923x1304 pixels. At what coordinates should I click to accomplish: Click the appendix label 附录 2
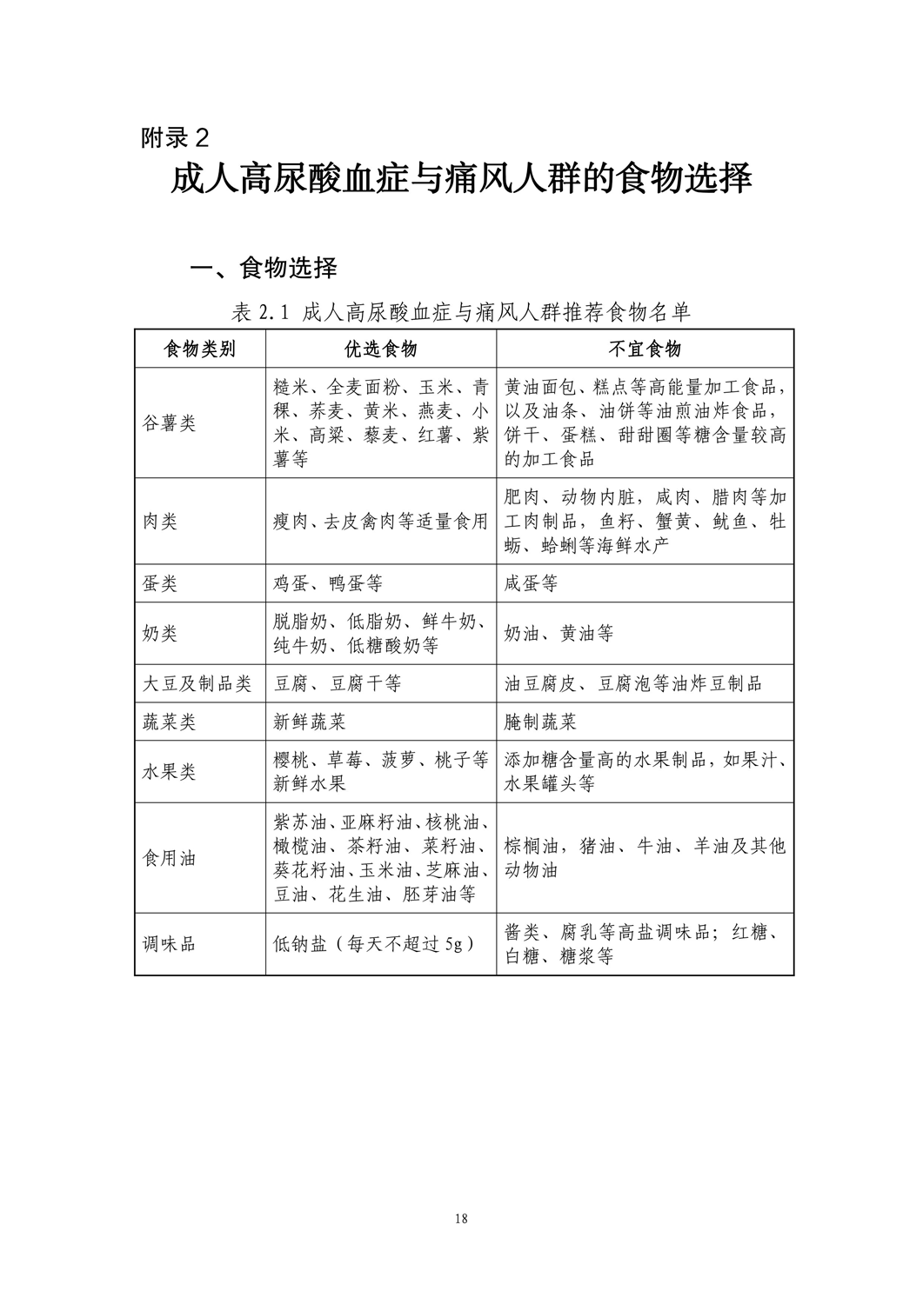tap(175, 137)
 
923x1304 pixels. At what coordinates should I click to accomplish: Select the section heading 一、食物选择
tap(264, 268)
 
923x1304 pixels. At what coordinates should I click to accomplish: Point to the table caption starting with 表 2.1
tap(462, 312)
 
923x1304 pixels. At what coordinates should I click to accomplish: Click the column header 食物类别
tap(200, 349)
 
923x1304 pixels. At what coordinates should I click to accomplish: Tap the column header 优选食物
tap(381, 349)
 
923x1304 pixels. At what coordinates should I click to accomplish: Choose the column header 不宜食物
tap(645, 349)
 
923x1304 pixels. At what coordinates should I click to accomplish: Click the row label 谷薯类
tap(169, 423)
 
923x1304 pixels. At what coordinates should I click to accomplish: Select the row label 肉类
tap(159, 522)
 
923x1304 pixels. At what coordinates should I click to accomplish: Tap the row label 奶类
tap(159, 634)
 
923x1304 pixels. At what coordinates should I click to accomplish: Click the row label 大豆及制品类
tap(197, 684)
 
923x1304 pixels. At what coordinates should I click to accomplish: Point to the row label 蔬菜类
tap(169, 722)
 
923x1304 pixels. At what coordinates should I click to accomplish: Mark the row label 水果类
tap(169, 771)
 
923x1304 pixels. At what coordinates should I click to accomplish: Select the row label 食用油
tap(169, 858)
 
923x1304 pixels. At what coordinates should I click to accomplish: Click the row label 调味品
tap(169, 944)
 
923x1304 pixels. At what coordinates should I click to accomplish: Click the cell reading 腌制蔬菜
tap(540, 722)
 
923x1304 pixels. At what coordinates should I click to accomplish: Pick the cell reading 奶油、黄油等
tap(558, 634)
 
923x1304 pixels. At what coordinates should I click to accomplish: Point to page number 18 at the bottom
tap(461, 1218)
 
